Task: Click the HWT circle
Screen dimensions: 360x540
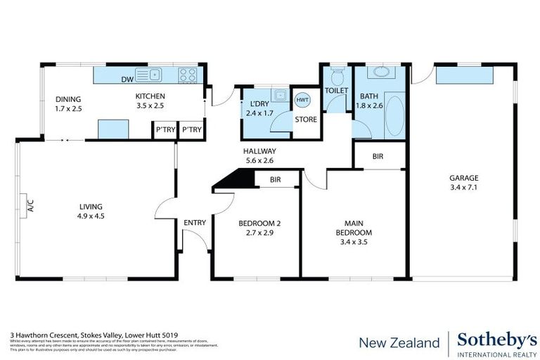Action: coord(302,101)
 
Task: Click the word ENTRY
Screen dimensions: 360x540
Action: coord(195,223)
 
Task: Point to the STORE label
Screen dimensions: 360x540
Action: coord(305,120)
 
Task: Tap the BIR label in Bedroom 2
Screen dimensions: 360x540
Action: coord(276,180)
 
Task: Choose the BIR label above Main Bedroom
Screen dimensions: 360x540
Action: coord(378,155)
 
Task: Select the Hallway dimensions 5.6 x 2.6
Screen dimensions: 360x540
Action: coord(259,160)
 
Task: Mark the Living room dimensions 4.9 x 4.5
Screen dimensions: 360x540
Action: coord(91,217)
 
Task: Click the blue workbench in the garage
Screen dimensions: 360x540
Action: coord(465,75)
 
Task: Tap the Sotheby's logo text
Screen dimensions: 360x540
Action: coord(493,338)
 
